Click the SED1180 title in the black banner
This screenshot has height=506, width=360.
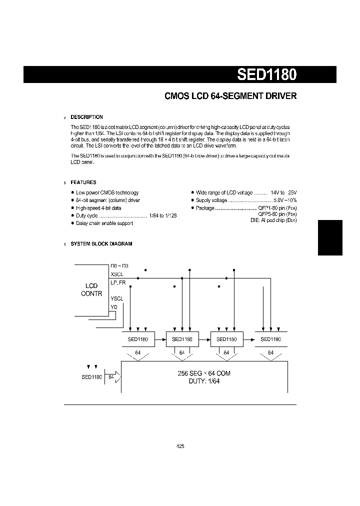pos(266,74)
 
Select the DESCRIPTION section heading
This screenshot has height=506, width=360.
pos(86,117)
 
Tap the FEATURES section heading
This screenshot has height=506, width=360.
pos(83,182)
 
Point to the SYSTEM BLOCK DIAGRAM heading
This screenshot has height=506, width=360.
pos(101,244)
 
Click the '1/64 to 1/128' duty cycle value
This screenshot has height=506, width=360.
pos(162,215)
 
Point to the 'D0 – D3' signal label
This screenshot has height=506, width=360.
pos(119,266)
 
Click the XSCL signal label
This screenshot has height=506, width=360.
pos(116,274)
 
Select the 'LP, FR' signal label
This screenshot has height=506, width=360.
pos(118,282)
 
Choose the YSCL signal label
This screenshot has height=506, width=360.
pos(116,298)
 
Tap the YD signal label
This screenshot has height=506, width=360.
pos(113,306)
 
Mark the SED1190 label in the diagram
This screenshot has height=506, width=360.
pos(92,377)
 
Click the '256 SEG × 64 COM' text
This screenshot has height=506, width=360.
pos(204,373)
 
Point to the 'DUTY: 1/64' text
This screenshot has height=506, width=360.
pos(204,381)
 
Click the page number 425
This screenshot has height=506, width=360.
pos(180,446)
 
